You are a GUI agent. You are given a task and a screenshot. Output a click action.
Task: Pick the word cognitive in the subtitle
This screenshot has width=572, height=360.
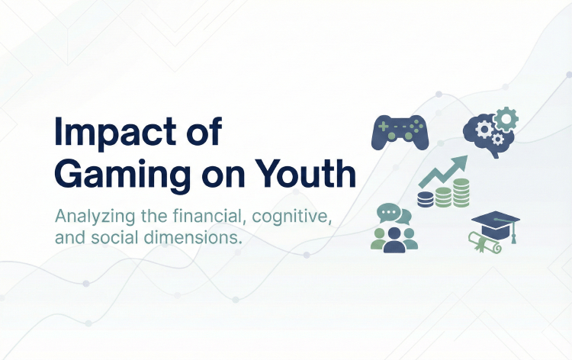[x=294, y=215]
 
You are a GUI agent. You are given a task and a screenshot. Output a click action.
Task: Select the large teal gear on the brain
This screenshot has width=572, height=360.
[x=505, y=118]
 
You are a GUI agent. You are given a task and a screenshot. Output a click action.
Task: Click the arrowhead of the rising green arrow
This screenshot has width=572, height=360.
[x=459, y=162]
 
